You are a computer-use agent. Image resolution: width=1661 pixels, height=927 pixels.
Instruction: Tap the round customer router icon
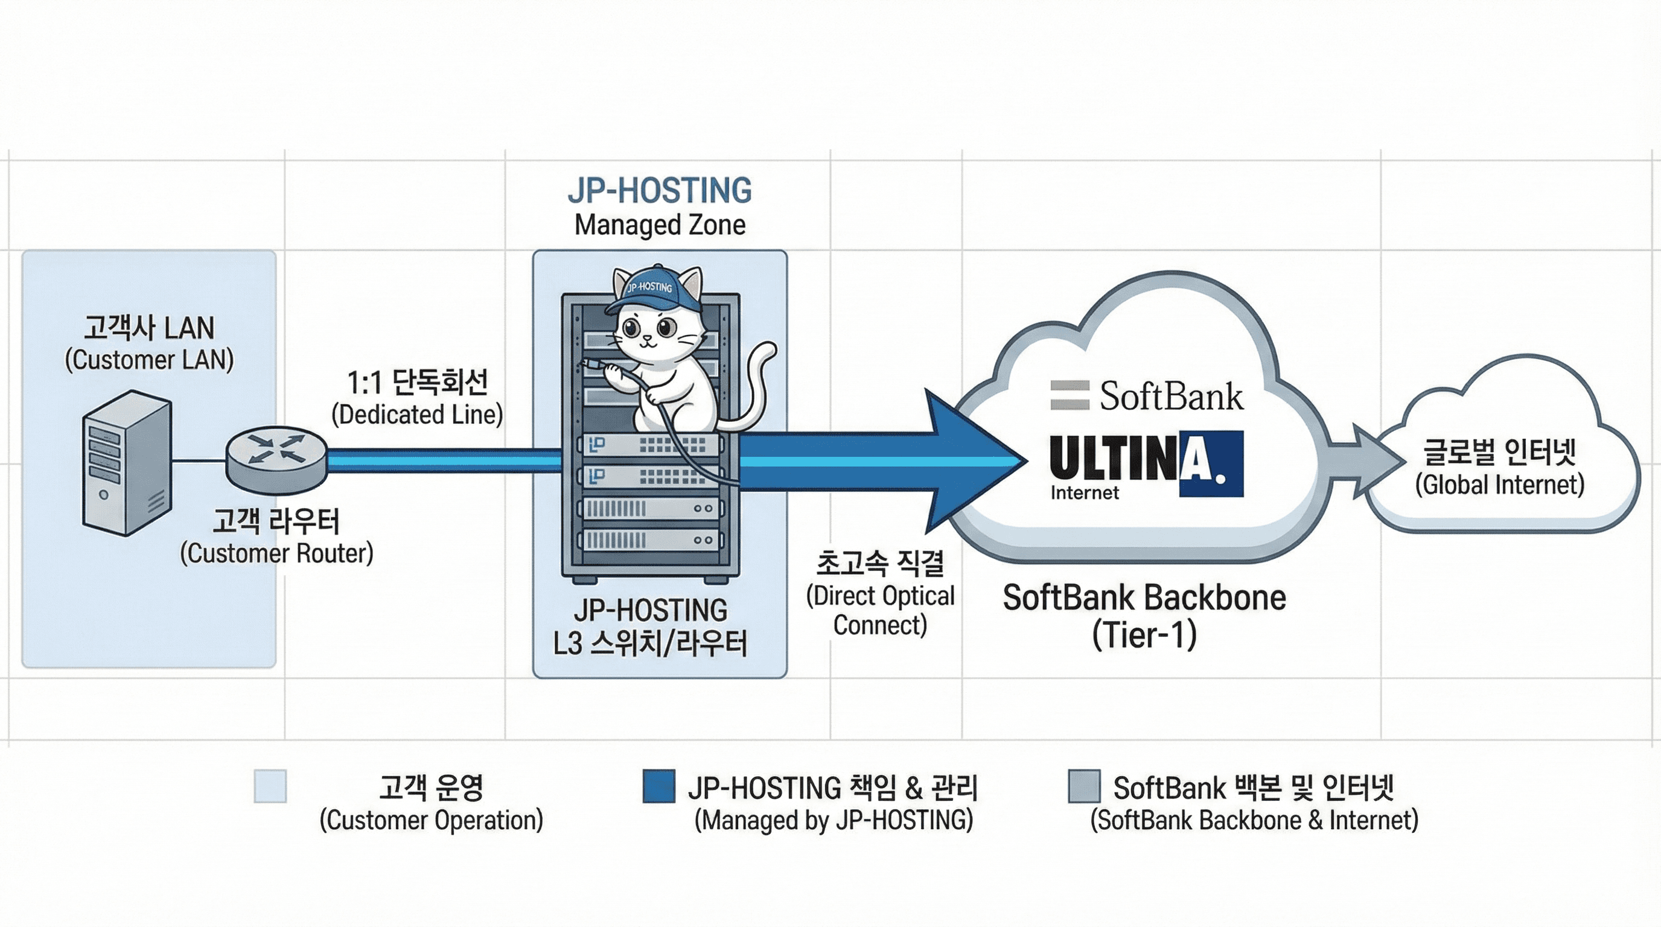(276, 460)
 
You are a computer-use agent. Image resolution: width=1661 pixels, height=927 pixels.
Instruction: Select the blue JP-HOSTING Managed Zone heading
(660, 206)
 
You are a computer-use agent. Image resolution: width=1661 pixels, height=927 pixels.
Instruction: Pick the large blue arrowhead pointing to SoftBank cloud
(974, 461)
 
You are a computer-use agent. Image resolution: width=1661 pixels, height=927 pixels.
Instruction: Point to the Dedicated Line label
(417, 398)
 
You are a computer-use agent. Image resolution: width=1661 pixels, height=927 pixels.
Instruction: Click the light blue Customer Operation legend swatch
(270, 786)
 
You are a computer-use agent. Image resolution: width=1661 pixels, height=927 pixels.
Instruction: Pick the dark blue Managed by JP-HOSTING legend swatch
(659, 786)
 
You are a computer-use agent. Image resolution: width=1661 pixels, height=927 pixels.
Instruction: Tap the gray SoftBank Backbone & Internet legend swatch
(1084, 786)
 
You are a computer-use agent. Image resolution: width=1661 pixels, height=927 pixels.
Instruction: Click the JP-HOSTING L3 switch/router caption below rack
(650, 626)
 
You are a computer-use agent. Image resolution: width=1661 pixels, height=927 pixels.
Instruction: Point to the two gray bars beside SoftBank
(1070, 395)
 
